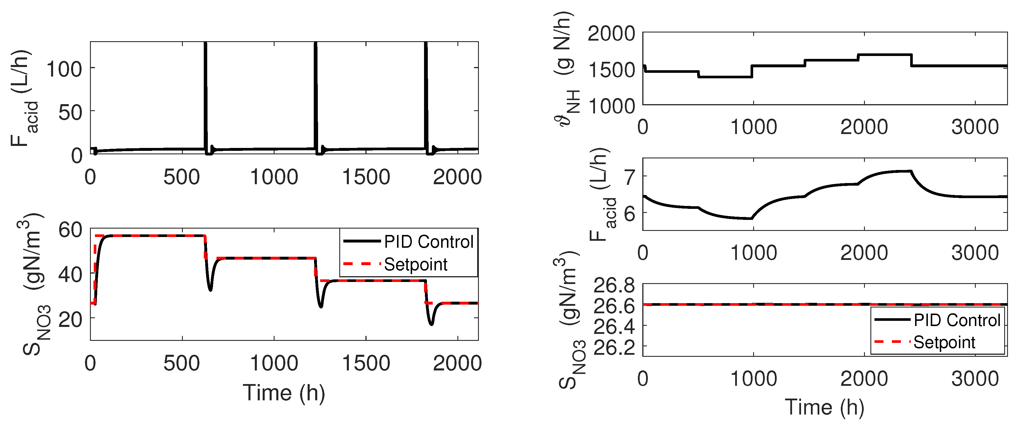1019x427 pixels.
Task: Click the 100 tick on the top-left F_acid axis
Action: [64, 70]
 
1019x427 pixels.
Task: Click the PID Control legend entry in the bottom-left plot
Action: [428, 242]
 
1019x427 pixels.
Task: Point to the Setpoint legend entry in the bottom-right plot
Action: [944, 342]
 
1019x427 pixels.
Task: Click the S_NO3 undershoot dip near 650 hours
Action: [210, 290]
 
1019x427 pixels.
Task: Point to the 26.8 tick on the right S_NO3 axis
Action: [614, 285]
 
